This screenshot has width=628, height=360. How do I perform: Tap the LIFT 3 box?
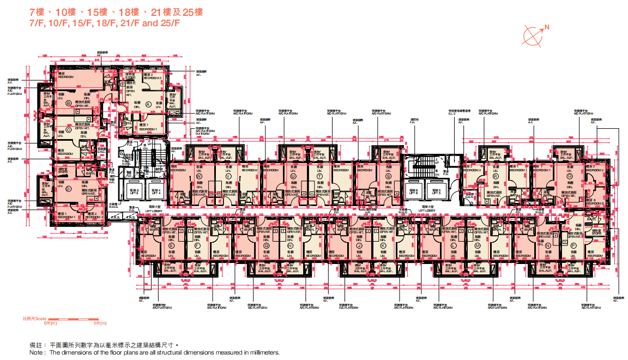(134, 190)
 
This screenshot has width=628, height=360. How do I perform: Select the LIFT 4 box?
(155, 190)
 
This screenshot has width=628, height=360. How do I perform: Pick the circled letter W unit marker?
(200, 177)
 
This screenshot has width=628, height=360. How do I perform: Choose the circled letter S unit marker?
(388, 177)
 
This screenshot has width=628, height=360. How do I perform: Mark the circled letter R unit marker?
(496, 177)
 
